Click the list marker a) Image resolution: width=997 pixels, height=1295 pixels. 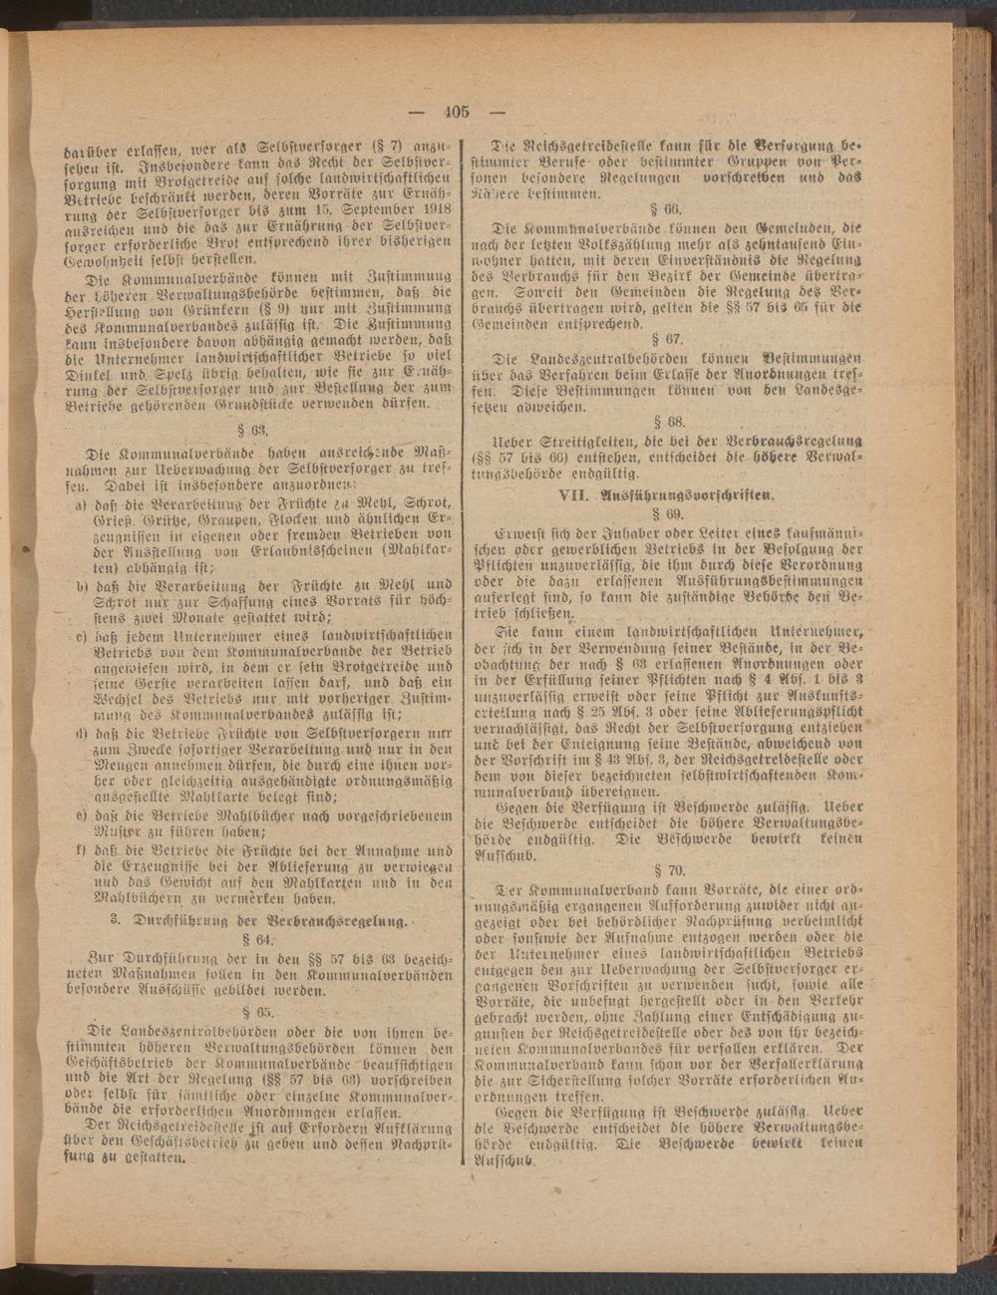click(80, 505)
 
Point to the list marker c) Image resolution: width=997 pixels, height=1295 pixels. click(82, 635)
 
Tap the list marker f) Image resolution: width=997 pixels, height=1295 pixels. click(81, 850)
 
